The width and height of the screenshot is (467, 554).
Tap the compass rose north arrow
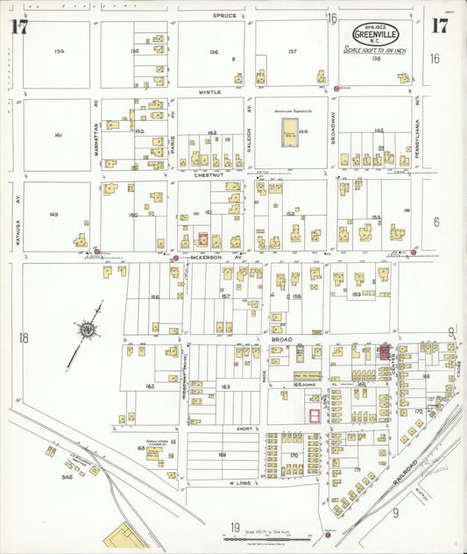point(88,330)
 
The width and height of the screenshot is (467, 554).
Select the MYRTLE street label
point(209,91)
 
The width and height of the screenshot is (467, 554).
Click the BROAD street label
point(257,338)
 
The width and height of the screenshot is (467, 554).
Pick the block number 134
point(59,52)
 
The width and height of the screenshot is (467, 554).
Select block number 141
point(58,135)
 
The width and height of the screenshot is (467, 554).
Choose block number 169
point(222,455)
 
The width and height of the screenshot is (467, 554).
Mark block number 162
point(150,386)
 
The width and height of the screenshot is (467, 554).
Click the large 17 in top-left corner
point(18,26)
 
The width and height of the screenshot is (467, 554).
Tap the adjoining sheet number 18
point(23,337)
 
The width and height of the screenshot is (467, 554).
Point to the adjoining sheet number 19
point(235,527)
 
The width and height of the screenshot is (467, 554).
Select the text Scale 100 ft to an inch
point(374,51)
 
